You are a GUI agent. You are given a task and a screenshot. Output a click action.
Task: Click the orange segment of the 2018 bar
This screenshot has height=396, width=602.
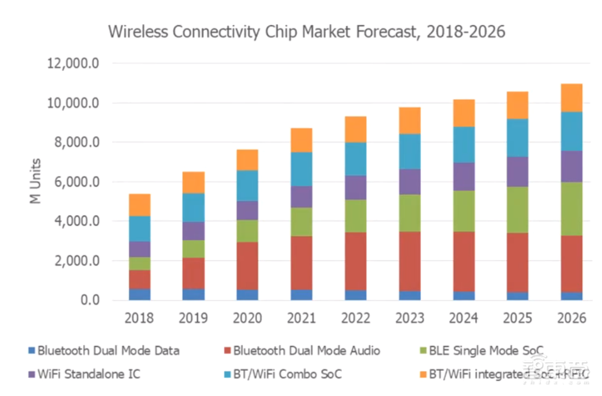(140, 205)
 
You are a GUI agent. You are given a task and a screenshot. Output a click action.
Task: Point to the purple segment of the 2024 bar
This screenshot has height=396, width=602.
(463, 176)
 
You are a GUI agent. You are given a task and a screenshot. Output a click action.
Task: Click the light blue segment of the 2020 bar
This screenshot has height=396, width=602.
(247, 185)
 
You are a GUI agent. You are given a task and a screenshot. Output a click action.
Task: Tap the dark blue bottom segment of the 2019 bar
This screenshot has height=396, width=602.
(194, 294)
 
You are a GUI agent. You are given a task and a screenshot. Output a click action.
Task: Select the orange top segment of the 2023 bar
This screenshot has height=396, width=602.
(409, 120)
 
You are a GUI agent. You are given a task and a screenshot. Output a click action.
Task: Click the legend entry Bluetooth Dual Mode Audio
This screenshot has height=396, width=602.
(306, 350)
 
